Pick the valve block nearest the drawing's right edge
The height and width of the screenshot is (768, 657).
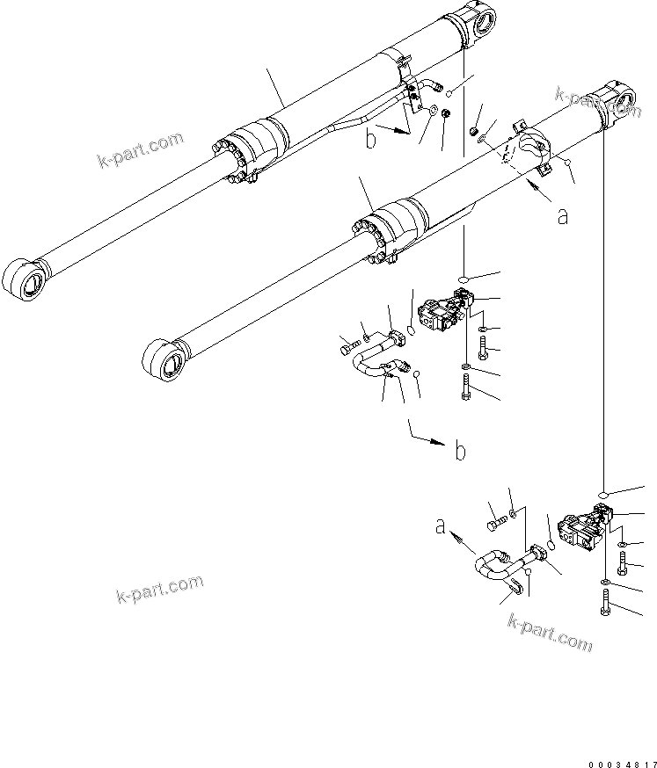(583, 533)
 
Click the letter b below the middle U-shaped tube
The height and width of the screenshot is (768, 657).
(459, 452)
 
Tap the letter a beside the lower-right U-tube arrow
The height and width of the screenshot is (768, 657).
(441, 526)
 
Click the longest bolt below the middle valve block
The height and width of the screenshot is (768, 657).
(465, 386)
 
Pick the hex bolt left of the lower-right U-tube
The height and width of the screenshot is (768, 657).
(495, 524)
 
